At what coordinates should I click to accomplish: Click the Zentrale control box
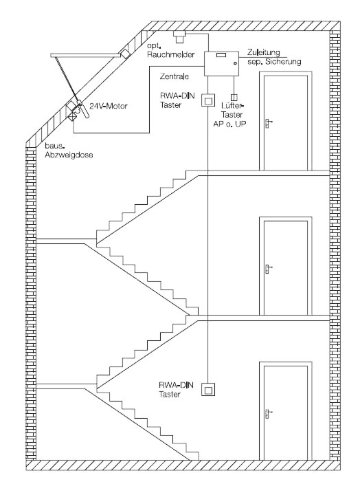coord(221,63)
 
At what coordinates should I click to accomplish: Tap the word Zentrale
coord(175,76)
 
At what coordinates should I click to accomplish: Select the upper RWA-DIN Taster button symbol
coord(208,100)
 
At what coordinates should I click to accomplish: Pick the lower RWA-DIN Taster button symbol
coord(208,389)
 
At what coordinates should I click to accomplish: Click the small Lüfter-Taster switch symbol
coord(234,97)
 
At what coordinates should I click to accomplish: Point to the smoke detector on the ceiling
coord(179,36)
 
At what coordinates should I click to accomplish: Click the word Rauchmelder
coord(171,54)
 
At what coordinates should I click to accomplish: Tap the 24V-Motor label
coord(109,106)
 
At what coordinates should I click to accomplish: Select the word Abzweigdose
coord(69,155)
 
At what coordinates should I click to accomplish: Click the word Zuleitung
coord(263,52)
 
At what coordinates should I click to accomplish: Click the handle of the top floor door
coord(268,123)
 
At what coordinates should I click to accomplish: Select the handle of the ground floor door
coord(268,413)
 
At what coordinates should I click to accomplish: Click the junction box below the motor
coord(73,117)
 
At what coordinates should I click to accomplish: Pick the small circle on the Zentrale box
coord(235,63)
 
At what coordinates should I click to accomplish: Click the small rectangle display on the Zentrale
coord(221,55)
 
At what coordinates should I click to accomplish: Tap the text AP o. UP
coord(229,124)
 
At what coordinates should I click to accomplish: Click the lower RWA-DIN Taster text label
coord(176,390)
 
